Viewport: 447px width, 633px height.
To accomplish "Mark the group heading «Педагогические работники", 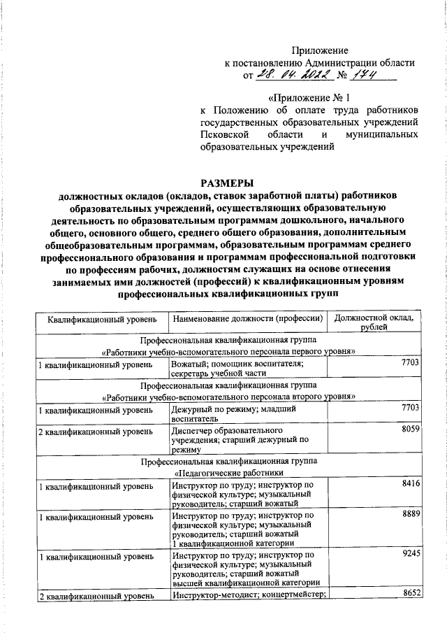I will pyautogui.click(x=227, y=473).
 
